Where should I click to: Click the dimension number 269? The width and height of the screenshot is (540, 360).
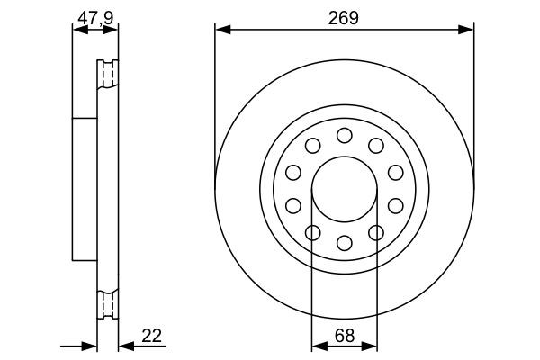pyautogui.click(x=344, y=16)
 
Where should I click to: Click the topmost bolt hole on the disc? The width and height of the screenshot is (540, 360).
pyautogui.click(x=344, y=135)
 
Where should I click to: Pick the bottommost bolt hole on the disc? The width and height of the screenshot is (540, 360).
pyautogui.click(x=344, y=242)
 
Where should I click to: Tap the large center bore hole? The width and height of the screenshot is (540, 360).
pyautogui.click(x=344, y=189)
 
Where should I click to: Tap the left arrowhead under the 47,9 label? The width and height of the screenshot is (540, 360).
pyautogui.click(x=76, y=30)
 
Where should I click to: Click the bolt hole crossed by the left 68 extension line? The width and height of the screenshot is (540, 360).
pyautogui.click(x=312, y=233)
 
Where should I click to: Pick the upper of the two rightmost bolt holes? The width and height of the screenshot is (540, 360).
pyautogui.click(x=395, y=173)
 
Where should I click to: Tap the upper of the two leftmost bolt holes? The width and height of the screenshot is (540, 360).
pyautogui.click(x=292, y=173)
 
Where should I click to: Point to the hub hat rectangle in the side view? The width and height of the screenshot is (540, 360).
pyautogui.click(x=84, y=188)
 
